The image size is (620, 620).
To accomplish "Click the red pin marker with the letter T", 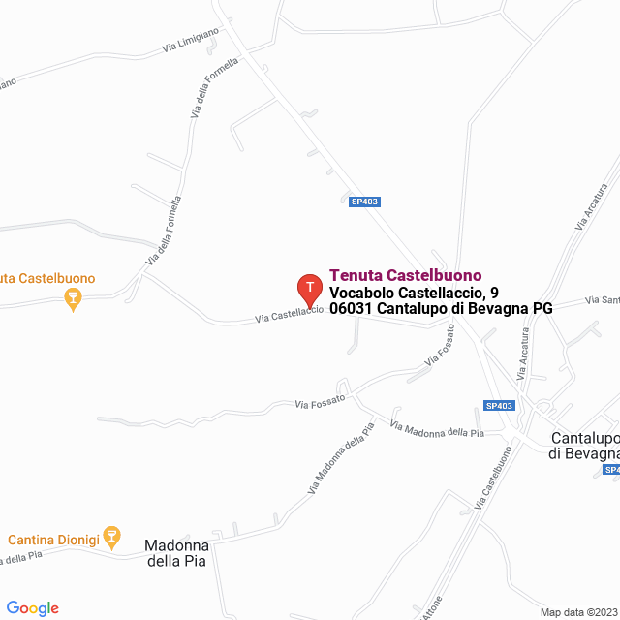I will pos(309,288).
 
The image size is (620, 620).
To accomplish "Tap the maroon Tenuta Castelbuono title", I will pos(406,275).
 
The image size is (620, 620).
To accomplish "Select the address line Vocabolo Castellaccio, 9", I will pos(415,292).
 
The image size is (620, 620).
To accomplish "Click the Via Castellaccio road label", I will pos(289,314).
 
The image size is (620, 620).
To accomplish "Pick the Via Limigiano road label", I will pos(190,38).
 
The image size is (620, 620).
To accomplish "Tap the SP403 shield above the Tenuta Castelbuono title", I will pos(365,201).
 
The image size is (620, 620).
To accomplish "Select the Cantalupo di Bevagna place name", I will pos(583,445).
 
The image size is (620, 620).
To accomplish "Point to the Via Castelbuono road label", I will pos(493,477).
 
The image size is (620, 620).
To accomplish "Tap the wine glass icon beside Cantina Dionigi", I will pos(112,536).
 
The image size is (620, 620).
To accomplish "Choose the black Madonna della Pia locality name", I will pos(176,553).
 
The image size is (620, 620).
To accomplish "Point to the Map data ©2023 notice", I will pos(578,612).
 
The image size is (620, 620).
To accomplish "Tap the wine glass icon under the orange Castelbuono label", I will pos(71,299).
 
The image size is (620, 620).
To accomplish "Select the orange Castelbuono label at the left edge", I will pos(47,279).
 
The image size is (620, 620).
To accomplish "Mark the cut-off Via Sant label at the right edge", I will pos(603,300).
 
